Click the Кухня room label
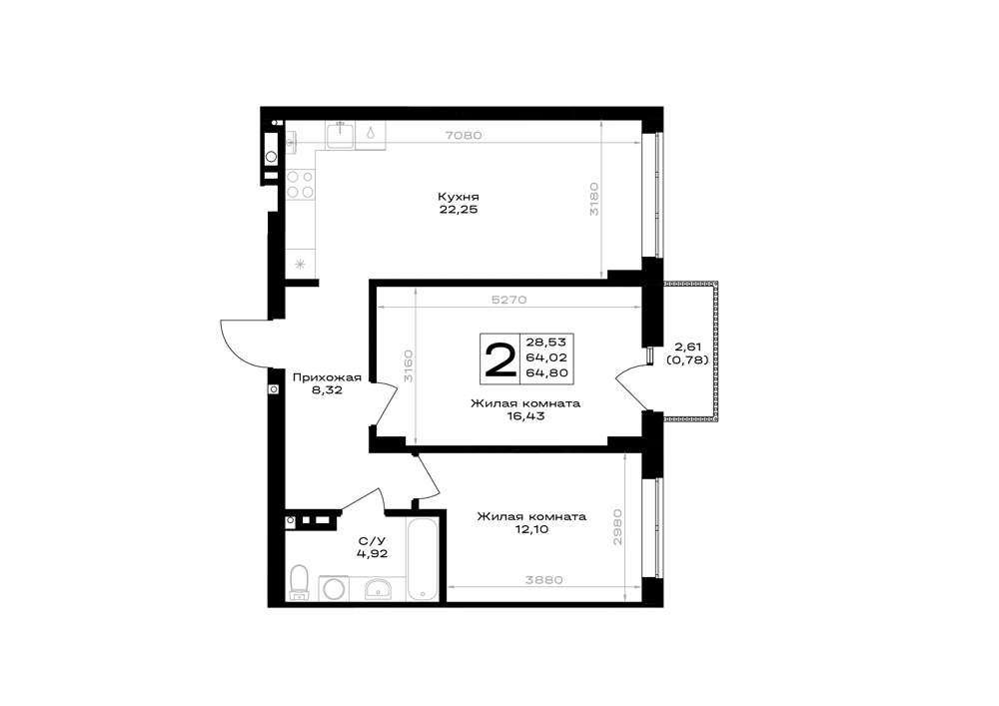[x=459, y=197]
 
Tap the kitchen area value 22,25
[x=459, y=210]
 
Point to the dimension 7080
[x=464, y=135]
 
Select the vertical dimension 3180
[x=593, y=199]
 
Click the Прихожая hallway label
[x=327, y=377]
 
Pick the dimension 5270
[x=509, y=300]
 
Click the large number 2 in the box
[x=500, y=359]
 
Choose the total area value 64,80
[x=546, y=373]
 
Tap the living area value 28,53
[x=546, y=343]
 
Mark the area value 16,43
[x=525, y=416]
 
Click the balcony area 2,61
[x=687, y=347]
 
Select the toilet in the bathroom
[x=298, y=582]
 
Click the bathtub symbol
[x=423, y=559]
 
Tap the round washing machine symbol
[x=334, y=588]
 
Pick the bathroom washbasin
[x=381, y=589]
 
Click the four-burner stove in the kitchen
[x=300, y=184]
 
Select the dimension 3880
[x=544, y=580]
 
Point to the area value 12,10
[x=531, y=529]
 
